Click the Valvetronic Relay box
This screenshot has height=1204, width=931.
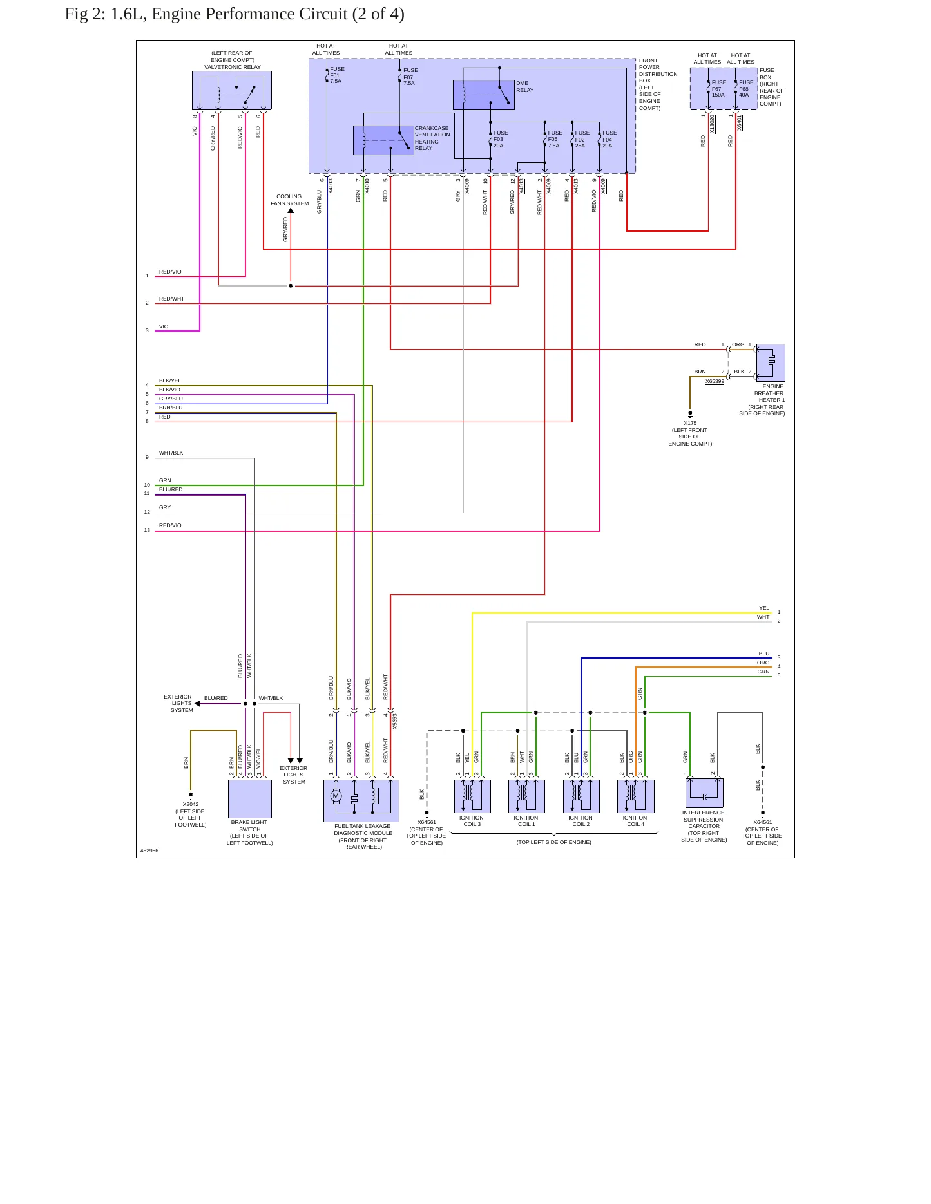point(232,90)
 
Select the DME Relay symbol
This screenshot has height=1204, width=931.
point(483,95)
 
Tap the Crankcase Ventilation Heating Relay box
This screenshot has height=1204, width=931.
point(383,140)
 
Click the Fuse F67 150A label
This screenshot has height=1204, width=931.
point(718,89)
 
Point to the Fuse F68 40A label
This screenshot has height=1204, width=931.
point(746,89)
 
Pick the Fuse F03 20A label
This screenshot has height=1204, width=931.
point(501,139)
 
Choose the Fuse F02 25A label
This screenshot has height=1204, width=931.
point(582,139)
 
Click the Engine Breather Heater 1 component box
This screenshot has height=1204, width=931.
point(771,362)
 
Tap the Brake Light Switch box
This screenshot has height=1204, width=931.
point(250,799)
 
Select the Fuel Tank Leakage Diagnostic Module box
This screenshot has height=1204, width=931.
point(361,801)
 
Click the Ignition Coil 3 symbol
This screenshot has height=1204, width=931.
point(472,796)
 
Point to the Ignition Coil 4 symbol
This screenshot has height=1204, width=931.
point(636,796)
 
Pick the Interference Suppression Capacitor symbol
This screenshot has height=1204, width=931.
point(704,793)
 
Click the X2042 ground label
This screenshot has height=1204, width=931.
point(191,804)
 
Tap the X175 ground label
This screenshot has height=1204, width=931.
point(690,423)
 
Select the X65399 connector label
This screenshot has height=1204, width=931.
point(715,381)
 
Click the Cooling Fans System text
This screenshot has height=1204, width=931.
point(289,200)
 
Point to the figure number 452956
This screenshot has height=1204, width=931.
point(149,851)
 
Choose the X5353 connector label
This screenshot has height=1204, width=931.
point(395,721)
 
